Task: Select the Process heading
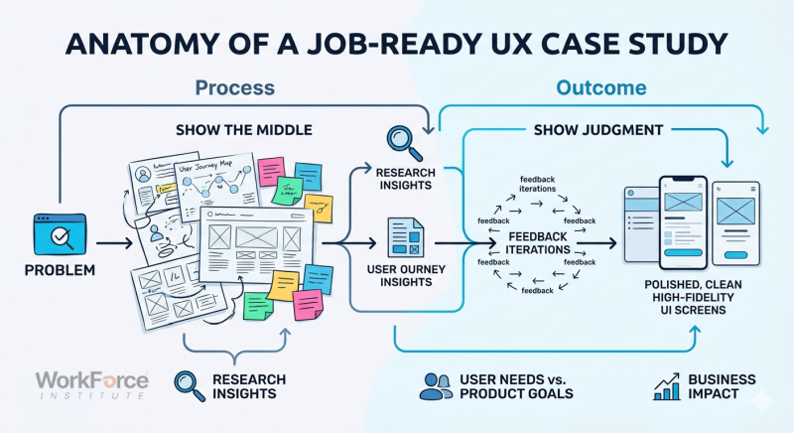(234, 88)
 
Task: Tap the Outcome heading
(600, 88)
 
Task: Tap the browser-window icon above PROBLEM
(55, 234)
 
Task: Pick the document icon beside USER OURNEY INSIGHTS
(405, 238)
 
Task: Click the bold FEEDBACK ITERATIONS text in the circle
(538, 242)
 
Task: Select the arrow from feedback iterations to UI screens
(597, 242)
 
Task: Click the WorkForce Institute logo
(91, 385)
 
